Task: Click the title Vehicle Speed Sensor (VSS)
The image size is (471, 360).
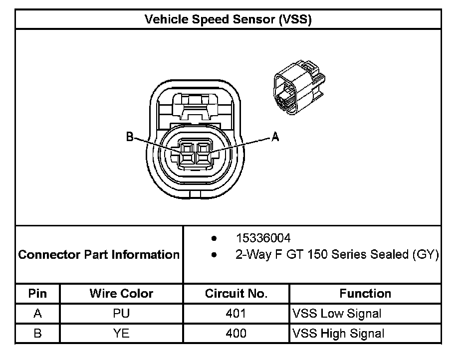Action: click(x=228, y=19)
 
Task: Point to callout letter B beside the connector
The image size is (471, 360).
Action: click(x=130, y=137)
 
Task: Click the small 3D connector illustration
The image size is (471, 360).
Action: click(x=298, y=88)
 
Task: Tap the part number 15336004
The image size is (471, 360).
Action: click(x=263, y=238)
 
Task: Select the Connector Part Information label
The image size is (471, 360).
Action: click(x=99, y=255)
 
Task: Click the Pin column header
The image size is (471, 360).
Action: click(x=37, y=293)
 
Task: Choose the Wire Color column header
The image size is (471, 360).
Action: click(x=121, y=293)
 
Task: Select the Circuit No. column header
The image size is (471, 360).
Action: click(x=236, y=293)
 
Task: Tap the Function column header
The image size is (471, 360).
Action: click(x=365, y=293)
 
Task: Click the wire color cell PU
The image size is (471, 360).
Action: click(x=121, y=314)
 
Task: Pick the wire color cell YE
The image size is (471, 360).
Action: click(x=121, y=334)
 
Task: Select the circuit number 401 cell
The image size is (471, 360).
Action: click(x=236, y=314)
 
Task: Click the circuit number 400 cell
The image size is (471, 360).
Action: click(x=236, y=334)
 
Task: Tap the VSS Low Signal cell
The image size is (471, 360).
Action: click(x=337, y=314)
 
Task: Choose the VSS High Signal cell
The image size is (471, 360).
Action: click(x=338, y=334)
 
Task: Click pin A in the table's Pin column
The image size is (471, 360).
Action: click(x=37, y=314)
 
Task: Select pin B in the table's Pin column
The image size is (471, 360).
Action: click(x=37, y=334)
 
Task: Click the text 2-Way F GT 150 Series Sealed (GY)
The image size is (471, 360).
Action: click(x=337, y=255)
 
